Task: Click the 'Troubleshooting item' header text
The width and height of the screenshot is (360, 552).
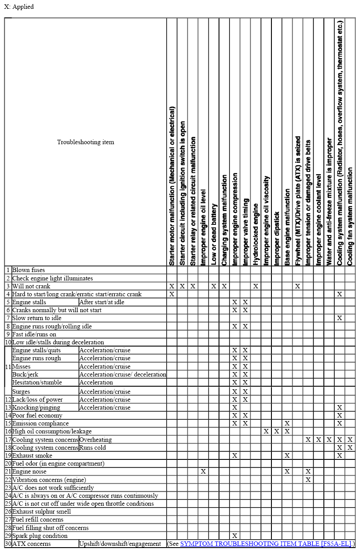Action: tap(85, 142)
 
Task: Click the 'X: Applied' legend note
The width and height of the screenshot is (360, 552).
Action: tap(19, 7)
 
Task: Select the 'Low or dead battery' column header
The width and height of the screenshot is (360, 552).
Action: tap(214, 234)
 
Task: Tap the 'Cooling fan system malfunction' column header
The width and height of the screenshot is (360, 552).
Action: tap(350, 216)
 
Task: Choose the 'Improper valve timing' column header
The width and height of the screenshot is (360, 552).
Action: tap(245, 231)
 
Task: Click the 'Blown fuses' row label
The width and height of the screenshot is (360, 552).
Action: tap(28, 270)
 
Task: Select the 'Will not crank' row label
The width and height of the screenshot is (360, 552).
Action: tap(31, 286)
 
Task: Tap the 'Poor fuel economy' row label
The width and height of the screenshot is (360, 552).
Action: tap(37, 415)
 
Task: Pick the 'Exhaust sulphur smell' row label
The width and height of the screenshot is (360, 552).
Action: tap(41, 511)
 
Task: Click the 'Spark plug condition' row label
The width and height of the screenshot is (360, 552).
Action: tap(40, 536)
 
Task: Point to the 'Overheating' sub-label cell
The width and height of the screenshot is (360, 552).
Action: tap(96, 440)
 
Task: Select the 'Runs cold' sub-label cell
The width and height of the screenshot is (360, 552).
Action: tap(93, 448)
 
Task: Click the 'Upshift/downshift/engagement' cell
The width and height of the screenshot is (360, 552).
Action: tap(120, 544)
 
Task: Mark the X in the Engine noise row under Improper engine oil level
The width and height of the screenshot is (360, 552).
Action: tap(203, 471)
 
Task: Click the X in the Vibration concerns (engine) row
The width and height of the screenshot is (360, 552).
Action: tap(308, 479)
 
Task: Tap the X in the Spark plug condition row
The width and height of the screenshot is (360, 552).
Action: tap(235, 536)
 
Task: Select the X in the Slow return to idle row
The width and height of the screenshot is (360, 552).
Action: tap(339, 318)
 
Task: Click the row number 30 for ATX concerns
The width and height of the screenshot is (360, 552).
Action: tap(8, 544)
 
